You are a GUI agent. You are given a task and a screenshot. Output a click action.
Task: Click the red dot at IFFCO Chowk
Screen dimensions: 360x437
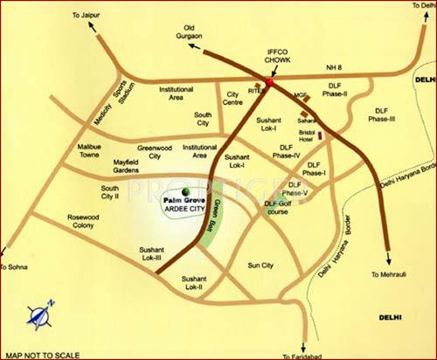pos(269,82)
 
